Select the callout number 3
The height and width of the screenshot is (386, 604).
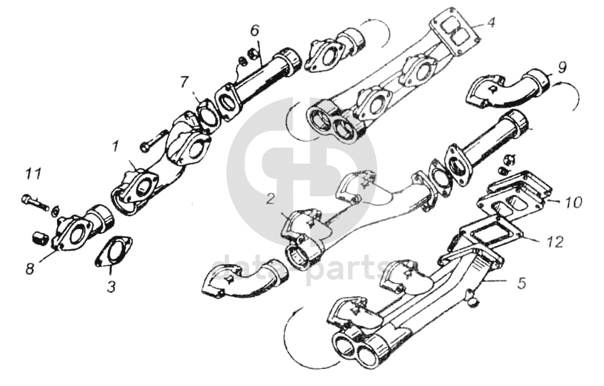click(111, 286)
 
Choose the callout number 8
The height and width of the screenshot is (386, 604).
click(29, 268)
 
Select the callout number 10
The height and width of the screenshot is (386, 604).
click(573, 201)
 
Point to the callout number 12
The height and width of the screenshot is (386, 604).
click(554, 242)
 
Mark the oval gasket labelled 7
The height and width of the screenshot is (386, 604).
click(208, 114)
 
